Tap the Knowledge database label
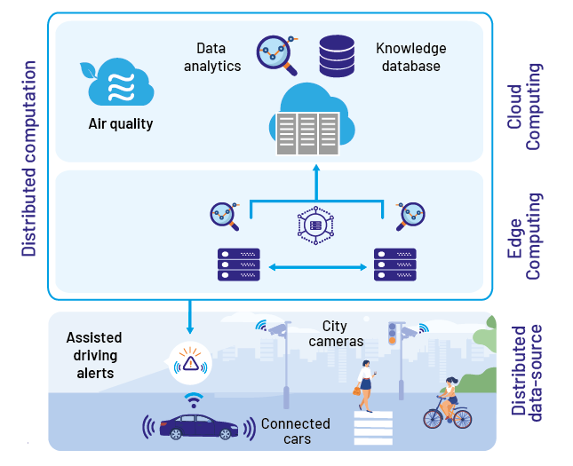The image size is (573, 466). click(x=411, y=57)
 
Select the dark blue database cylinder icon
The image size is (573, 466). click(x=337, y=56)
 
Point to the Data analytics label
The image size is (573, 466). click(x=212, y=57)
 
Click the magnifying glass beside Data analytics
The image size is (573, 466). click(x=276, y=55)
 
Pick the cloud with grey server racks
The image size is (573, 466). click(x=312, y=119)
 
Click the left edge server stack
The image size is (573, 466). click(x=239, y=265)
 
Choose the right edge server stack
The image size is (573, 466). click(x=395, y=265)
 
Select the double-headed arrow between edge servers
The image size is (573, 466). click(x=317, y=267)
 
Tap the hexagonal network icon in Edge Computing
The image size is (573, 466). click(x=315, y=225)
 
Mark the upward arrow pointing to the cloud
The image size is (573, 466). click(x=316, y=182)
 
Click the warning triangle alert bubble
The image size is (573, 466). click(x=190, y=363)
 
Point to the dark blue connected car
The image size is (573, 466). click(x=199, y=426)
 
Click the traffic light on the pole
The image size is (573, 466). click(x=392, y=333)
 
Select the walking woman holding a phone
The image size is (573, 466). click(x=365, y=386)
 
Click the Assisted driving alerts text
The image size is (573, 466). click(x=94, y=355)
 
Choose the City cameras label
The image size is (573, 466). click(x=336, y=334)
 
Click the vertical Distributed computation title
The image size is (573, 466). click(x=28, y=159)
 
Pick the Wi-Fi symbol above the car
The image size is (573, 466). click(x=194, y=400)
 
